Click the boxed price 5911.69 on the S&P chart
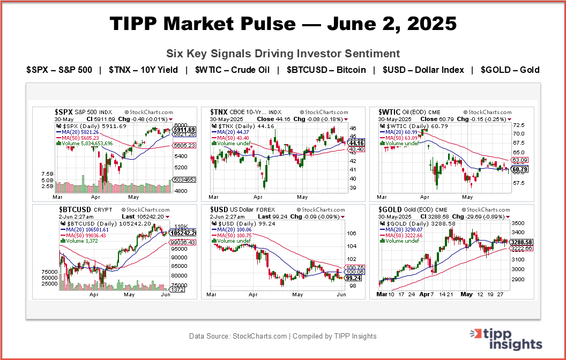184,130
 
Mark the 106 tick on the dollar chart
352,234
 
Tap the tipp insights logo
506,339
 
